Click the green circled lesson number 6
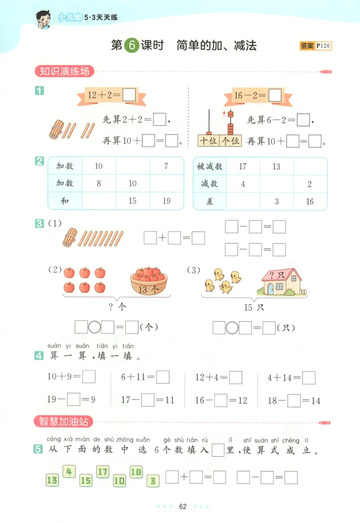click(131, 46)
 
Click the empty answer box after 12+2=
click(129, 95)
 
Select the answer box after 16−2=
click(274, 95)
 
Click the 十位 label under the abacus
click(208, 140)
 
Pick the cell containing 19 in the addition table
click(166, 201)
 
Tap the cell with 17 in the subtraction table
click(243, 167)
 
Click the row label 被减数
click(209, 167)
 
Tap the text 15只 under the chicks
click(254, 308)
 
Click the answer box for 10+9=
click(89, 377)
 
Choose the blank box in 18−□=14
click(294, 400)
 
